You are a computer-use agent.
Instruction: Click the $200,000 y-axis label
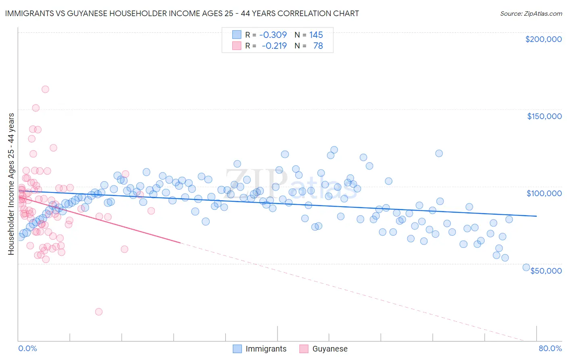tap(543, 39)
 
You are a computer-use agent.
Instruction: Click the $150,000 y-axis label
tap(544, 116)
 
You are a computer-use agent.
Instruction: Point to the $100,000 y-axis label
tap(544, 193)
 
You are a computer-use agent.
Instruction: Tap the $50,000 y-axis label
tap(546, 270)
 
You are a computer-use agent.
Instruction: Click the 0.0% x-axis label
tap(27, 348)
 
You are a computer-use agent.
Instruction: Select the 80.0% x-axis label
tap(550, 348)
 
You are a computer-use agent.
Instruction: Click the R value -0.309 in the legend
tap(273, 35)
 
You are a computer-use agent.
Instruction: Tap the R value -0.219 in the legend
tap(274, 46)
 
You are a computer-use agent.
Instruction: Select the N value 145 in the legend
tap(316, 35)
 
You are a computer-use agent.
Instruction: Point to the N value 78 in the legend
tap(318, 46)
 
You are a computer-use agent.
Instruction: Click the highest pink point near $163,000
tap(45, 89)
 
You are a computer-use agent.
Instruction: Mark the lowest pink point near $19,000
tap(98, 312)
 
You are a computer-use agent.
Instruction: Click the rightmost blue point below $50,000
tap(526, 267)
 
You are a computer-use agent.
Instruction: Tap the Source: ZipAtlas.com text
tap(531, 13)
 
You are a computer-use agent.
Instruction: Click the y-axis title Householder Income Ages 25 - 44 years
tap(11, 184)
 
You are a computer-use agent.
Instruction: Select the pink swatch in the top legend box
tap(236, 46)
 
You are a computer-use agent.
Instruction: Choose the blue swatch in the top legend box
tap(236, 35)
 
